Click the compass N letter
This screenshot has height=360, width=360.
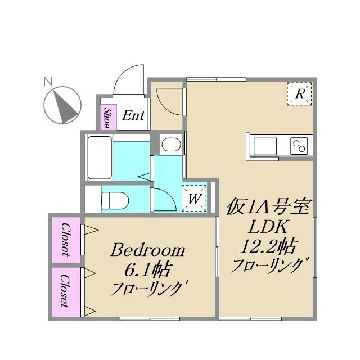(x=48, y=82)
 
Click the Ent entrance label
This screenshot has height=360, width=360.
(x=133, y=116)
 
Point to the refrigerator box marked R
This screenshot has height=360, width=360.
(x=300, y=94)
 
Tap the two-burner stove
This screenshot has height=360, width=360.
(x=299, y=146)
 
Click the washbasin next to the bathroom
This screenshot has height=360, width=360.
(x=169, y=146)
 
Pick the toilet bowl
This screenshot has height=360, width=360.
(x=115, y=199)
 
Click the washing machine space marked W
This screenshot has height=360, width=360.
(x=194, y=198)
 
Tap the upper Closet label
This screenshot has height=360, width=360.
(x=66, y=239)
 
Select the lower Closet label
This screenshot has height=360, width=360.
(x=66, y=291)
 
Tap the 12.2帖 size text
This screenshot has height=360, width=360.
(x=269, y=246)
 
